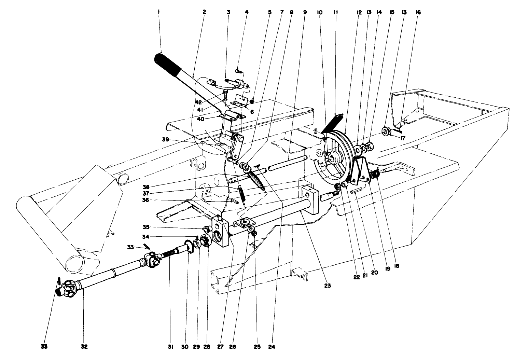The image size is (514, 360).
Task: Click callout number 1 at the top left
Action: pos(159,12)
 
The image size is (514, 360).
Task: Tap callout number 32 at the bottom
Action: pos(84,347)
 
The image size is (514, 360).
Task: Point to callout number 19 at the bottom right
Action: pos(387,269)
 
